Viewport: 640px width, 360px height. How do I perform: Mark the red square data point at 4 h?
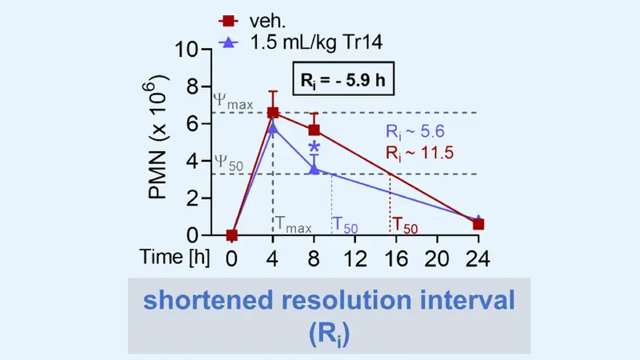pos(273,113)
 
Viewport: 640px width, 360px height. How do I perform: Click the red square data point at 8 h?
pos(314,130)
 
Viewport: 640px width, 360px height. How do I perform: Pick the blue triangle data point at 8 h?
pos(314,169)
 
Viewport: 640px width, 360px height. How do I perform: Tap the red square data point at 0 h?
pos(232,235)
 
